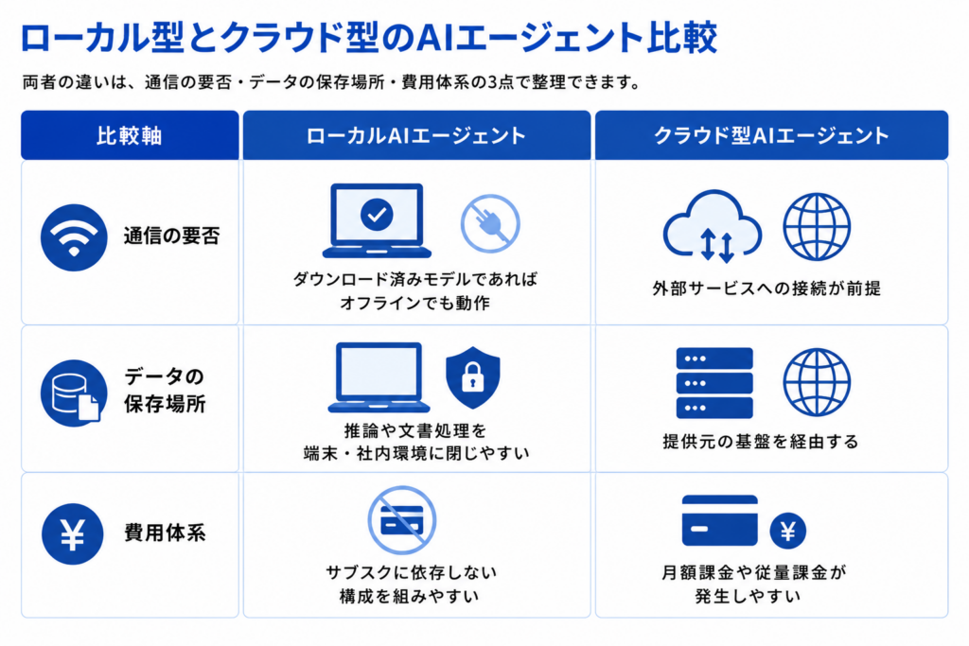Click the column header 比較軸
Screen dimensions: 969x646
point(130,135)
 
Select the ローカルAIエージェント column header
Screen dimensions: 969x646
point(416,135)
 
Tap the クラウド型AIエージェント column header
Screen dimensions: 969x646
point(771,135)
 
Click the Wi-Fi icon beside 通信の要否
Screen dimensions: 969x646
point(74,237)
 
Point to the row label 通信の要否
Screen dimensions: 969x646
point(172,236)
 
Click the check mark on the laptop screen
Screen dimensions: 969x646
point(377,215)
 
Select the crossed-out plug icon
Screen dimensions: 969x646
point(490,223)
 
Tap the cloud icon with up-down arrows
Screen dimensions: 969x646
point(712,226)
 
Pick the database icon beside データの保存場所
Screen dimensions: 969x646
point(74,393)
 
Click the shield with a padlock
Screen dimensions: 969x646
point(473,377)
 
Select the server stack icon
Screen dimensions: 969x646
point(714,383)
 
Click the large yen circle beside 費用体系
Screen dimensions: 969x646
point(72,534)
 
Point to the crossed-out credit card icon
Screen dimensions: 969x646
point(401,520)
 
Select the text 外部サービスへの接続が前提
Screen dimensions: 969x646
point(766,288)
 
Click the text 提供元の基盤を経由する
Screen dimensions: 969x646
point(761,442)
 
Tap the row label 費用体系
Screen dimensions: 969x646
point(165,533)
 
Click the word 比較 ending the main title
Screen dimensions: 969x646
point(682,37)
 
